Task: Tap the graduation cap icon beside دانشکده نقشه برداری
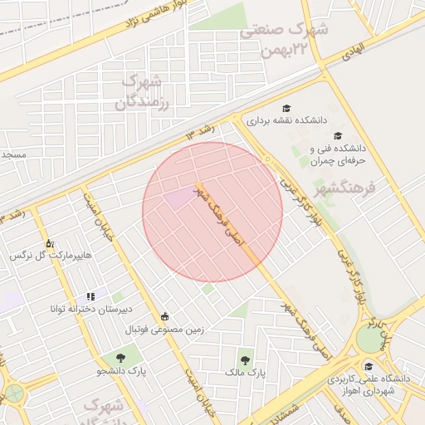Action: pyautogui.click(x=287, y=108)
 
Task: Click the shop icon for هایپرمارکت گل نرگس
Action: pyautogui.click(x=50, y=244)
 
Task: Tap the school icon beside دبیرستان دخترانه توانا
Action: pyautogui.click(x=90, y=296)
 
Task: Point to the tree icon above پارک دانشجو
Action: pyautogui.click(x=121, y=358)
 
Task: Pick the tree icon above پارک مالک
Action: pyautogui.click(x=245, y=360)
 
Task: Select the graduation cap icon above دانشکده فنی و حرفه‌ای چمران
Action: pyautogui.click(x=337, y=135)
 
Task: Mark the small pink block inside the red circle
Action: pyautogui.click(x=177, y=198)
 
